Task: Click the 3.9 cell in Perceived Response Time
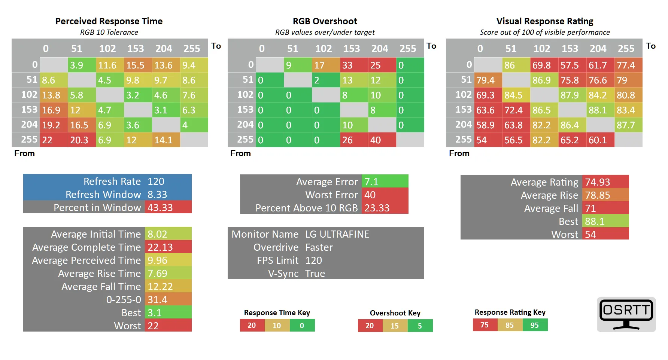pos(82,65)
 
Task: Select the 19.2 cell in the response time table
pos(54,125)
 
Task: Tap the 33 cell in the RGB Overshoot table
pos(354,65)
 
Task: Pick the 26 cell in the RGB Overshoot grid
pos(354,140)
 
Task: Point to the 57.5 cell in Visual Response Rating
pos(573,65)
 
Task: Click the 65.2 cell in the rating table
pos(573,140)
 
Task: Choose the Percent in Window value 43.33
pos(168,207)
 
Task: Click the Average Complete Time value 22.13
pos(168,247)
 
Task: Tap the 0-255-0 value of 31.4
pos(168,299)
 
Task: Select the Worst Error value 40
pos(385,195)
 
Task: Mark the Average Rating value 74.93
pos(605,182)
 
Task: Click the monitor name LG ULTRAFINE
pos(337,234)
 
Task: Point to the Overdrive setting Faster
pos(319,247)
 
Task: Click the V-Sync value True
pos(315,274)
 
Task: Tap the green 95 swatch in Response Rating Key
pos(535,325)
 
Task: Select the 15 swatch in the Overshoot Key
pos(395,326)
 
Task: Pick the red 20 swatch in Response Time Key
pos(252,325)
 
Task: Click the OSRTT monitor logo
pos(626,314)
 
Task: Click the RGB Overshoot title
pos(325,21)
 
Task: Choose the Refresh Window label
pos(103,195)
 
